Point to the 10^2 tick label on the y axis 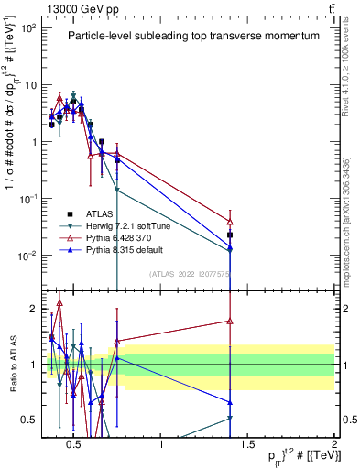tap(28, 28)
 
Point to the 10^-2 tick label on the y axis tap(28, 256)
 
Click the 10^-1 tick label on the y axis tap(28, 199)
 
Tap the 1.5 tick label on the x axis tap(247, 445)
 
